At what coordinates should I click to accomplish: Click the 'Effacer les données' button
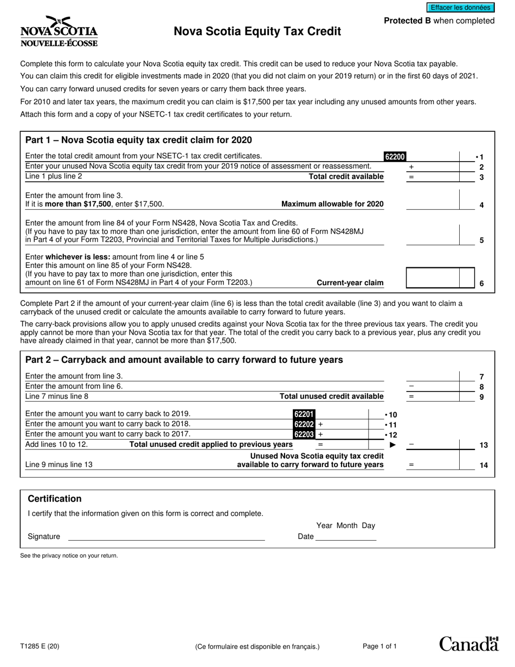pos(460,8)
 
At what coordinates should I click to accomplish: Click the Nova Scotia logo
pos(59,31)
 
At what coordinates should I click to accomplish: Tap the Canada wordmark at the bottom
pos(468,644)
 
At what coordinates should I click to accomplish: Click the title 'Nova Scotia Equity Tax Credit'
pos(257,31)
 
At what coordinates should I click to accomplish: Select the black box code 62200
pos(395,157)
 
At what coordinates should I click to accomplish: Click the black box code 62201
pos(304,414)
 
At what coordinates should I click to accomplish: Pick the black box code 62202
pos(304,424)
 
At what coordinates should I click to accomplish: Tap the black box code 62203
pos(304,434)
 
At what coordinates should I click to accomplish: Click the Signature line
pos(166,537)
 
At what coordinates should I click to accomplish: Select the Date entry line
pos(345,537)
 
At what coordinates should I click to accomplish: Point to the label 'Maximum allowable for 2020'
pos(332,204)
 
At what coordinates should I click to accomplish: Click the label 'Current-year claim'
pos(350,283)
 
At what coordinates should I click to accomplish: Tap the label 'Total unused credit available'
pos(331,396)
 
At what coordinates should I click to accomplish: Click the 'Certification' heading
pos(55,499)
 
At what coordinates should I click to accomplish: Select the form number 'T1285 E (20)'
pos(40,646)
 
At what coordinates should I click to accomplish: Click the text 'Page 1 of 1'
pos(379,646)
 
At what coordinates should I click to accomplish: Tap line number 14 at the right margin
pos(484,465)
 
